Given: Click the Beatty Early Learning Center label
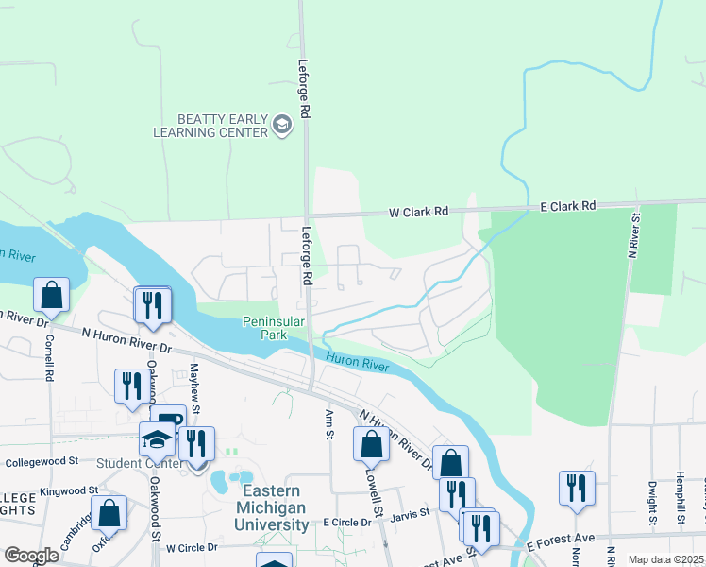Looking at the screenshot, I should (x=210, y=126).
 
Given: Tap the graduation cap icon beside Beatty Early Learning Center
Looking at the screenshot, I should (x=281, y=125).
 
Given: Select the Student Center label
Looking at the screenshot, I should (x=142, y=463).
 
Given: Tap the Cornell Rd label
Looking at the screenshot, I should (x=48, y=355).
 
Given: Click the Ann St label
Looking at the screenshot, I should (x=329, y=419).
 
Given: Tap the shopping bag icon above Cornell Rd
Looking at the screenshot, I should (x=51, y=296).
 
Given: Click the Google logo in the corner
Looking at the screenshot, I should (x=31, y=556).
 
